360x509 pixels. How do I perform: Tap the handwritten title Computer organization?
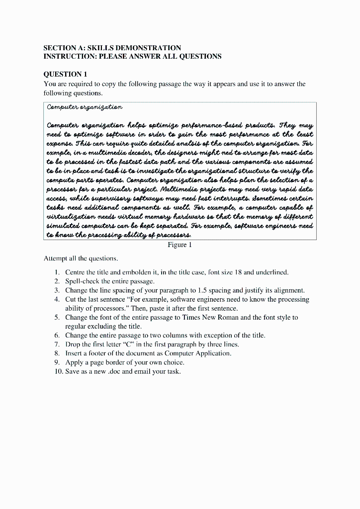[85, 107]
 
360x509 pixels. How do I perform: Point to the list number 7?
[58, 344]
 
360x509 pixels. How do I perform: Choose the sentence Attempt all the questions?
[81, 259]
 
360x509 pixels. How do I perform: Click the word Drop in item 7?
[73, 344]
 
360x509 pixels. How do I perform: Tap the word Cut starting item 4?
[71, 299]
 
